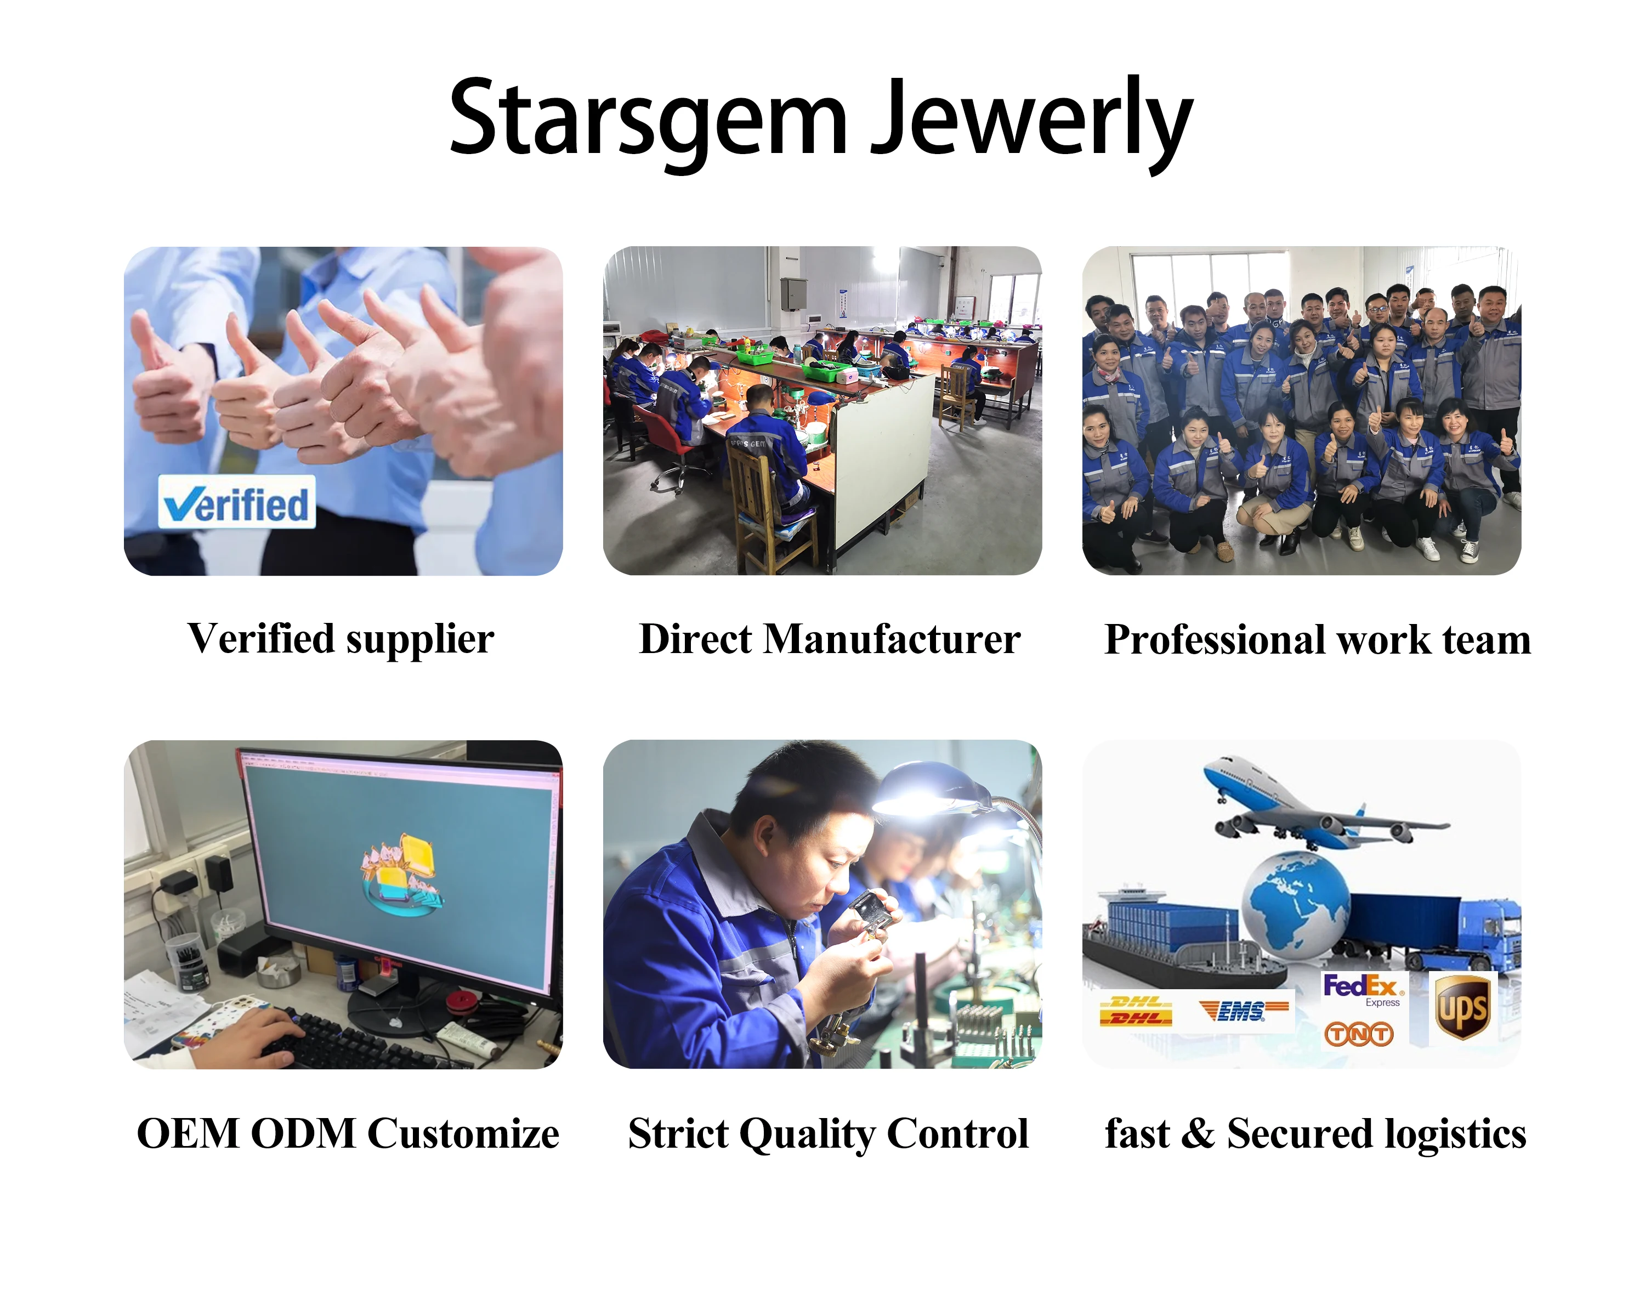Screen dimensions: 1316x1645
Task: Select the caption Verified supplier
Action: (x=341, y=639)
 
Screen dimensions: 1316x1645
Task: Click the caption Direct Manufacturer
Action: (x=830, y=639)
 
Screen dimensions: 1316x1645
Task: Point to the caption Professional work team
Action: (x=1318, y=639)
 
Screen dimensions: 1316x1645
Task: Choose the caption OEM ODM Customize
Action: (x=348, y=1133)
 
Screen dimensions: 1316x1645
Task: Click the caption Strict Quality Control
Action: (x=829, y=1133)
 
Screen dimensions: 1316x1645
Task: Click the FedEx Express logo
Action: (x=1363, y=990)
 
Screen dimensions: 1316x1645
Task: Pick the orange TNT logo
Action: (x=1359, y=1034)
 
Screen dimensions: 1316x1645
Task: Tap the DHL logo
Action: (x=1136, y=1011)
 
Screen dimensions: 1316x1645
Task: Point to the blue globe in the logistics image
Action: (x=1295, y=904)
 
